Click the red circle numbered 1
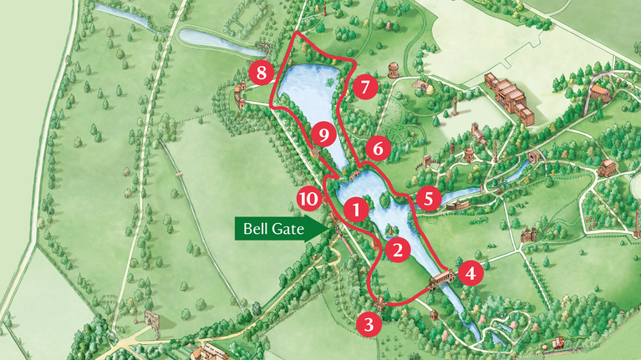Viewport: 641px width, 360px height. (x=357, y=209)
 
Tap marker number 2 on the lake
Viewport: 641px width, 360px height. (x=398, y=248)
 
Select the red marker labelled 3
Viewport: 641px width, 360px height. (x=369, y=323)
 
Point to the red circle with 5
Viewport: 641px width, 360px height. (x=429, y=199)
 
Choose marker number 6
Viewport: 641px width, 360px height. (x=378, y=150)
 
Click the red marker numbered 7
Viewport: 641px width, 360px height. (x=365, y=86)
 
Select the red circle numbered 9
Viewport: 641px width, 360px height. (x=323, y=134)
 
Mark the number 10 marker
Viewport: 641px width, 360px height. (x=309, y=199)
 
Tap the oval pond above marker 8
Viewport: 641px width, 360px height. (x=211, y=37)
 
